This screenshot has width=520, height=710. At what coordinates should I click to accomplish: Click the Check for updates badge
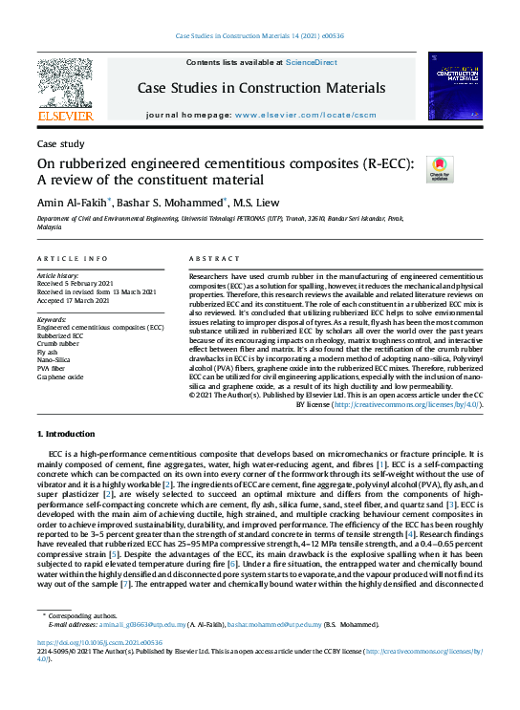pyautogui.click(x=440, y=170)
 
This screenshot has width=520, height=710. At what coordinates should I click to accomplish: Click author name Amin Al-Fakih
pyautogui.click(x=72, y=202)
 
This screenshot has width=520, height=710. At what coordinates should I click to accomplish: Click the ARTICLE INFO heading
pyautogui.click(x=73, y=260)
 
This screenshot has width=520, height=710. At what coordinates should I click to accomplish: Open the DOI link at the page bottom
pyautogui.click(x=99, y=643)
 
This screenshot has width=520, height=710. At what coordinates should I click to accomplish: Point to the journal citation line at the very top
pyautogui.click(x=260, y=36)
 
